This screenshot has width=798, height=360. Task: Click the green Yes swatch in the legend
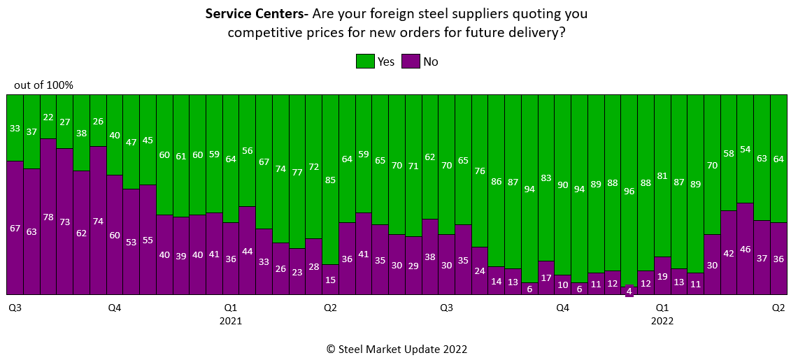pos(365,62)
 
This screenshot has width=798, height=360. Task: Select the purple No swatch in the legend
pos(411,62)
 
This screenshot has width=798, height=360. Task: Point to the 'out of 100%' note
pos(43,85)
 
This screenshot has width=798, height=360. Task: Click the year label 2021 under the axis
pos(230,321)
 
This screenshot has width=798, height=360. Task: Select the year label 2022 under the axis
pos(662,321)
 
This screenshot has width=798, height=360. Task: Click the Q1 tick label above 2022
pos(662,307)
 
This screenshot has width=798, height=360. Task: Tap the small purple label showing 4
pos(629,291)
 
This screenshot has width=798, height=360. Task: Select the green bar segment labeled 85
pos(330,180)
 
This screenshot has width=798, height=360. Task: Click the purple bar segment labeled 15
pos(330,280)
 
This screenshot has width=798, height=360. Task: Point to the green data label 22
pos(48,117)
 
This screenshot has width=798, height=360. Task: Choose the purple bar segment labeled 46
pos(746,249)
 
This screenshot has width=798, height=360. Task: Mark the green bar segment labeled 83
pos(546,178)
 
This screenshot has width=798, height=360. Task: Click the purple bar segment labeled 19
pos(662,275)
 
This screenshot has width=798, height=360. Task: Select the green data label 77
pos(297,172)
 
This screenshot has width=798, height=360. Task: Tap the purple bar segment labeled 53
pos(131,242)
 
